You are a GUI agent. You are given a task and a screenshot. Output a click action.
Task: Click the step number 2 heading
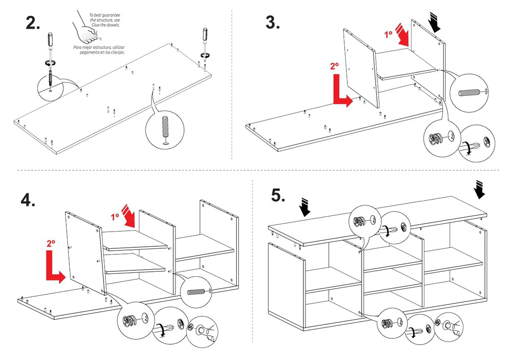click(x=33, y=23)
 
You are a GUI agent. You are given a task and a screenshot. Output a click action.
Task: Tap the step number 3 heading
click(x=272, y=22)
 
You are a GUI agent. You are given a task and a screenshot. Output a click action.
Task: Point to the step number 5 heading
click(x=278, y=195)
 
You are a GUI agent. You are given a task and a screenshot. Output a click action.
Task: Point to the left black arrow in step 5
click(x=305, y=208)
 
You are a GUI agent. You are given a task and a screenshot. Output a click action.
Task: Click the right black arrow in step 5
click(x=480, y=189)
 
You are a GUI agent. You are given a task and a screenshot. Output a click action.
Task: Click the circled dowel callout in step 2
click(x=164, y=128)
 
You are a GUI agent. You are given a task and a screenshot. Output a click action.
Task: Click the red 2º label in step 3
click(x=334, y=66)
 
